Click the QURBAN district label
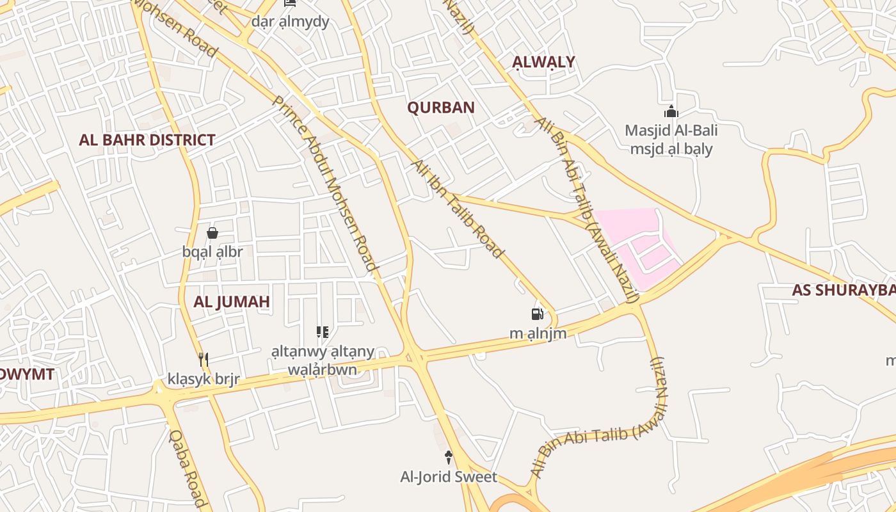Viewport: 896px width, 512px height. (x=441, y=108)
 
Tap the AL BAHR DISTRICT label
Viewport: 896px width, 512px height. (x=147, y=140)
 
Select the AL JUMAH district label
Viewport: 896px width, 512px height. (x=232, y=301)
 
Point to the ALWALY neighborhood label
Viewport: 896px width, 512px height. (x=544, y=62)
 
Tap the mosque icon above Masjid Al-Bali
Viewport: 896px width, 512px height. (x=671, y=112)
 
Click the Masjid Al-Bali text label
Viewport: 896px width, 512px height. (x=671, y=131)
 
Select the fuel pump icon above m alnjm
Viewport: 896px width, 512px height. (x=538, y=314)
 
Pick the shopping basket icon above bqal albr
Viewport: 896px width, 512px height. (x=212, y=233)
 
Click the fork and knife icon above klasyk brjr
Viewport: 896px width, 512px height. (x=204, y=360)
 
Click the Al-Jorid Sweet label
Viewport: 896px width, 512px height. (x=449, y=477)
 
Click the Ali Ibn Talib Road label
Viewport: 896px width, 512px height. (x=457, y=209)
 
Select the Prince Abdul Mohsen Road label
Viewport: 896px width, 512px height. (x=324, y=182)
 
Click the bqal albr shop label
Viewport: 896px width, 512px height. (x=212, y=252)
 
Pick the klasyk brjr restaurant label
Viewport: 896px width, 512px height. (x=204, y=379)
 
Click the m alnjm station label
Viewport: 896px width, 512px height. (x=538, y=333)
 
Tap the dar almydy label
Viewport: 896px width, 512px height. (x=290, y=22)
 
